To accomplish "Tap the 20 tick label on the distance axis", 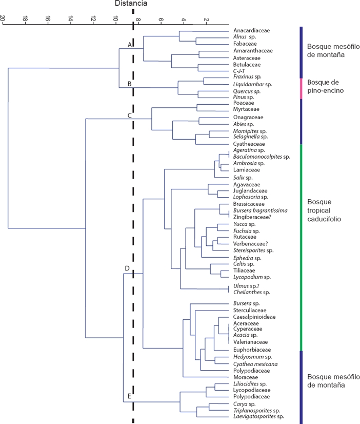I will tap(3, 18).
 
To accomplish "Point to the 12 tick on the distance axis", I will tap(93, 18).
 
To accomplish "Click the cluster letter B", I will tap(130, 84).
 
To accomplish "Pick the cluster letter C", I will tap(130, 115).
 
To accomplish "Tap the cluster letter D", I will tap(127, 268).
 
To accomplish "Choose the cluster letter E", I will tap(129, 396).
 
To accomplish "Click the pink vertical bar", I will tap(301, 88).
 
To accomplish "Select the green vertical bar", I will tap(301, 246).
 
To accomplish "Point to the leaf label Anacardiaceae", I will tap(251, 31).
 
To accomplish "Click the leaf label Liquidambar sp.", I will tap(252, 84).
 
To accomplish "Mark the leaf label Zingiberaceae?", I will tap(251, 217).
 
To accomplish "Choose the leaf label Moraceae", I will tap(245, 377).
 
